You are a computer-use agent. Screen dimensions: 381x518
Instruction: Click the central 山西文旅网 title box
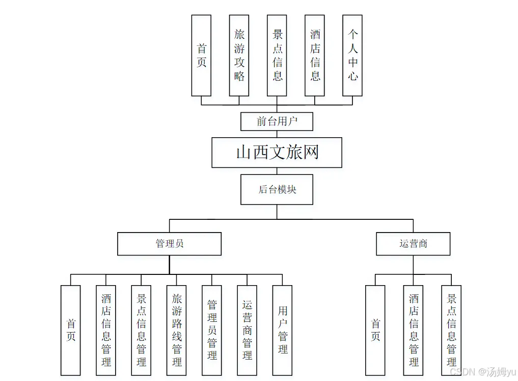click(x=277, y=153)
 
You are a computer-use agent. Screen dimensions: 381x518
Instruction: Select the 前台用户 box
click(x=277, y=122)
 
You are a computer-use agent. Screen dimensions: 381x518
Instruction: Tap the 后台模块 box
click(x=277, y=190)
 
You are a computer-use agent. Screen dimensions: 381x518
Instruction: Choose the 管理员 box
click(x=169, y=244)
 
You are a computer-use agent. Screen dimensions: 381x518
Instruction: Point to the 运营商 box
click(x=413, y=244)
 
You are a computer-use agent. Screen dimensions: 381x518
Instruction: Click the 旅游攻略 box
click(x=239, y=56)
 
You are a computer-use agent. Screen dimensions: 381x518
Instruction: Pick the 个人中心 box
click(x=352, y=56)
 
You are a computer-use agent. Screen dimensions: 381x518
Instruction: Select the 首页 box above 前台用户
click(x=201, y=56)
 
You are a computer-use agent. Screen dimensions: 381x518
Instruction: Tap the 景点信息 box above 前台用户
click(x=277, y=56)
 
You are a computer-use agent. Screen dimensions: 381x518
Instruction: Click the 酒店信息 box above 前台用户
click(x=315, y=56)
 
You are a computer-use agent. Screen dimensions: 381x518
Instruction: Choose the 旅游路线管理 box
click(x=177, y=330)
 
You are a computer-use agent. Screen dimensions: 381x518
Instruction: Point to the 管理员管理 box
click(x=212, y=330)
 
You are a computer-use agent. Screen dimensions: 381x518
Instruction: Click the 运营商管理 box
click(x=247, y=330)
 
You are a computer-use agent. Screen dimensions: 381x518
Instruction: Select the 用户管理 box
click(x=282, y=330)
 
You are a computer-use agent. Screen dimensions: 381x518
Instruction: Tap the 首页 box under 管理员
click(x=71, y=330)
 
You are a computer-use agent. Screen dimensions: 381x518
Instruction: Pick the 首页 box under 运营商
click(x=375, y=330)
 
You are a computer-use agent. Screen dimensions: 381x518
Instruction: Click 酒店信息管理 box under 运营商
click(x=413, y=330)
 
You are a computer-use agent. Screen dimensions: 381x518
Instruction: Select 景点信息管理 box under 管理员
click(x=141, y=330)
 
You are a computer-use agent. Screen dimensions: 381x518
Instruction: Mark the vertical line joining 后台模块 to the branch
click(x=277, y=212)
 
